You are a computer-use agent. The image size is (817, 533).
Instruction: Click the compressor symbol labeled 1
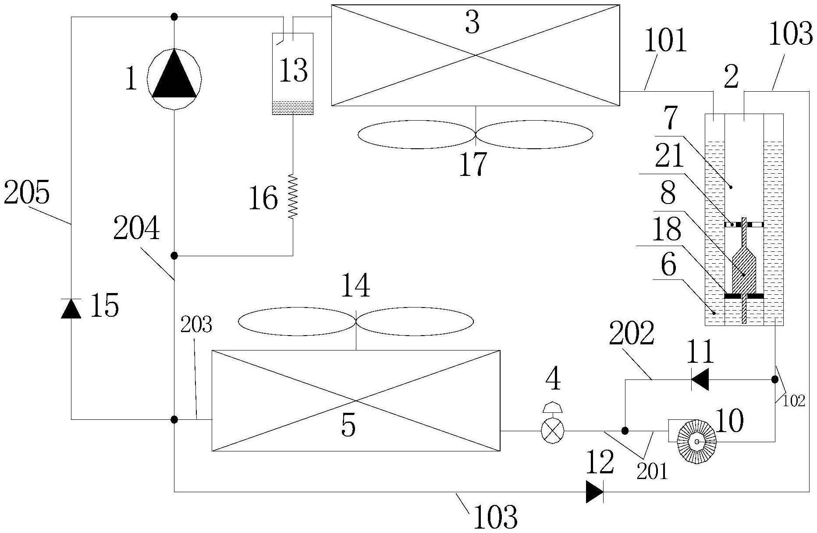pyautogui.click(x=174, y=79)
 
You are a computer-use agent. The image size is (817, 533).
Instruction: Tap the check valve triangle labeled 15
pyautogui.click(x=71, y=308)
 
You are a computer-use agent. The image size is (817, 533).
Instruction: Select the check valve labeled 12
pyautogui.click(x=595, y=492)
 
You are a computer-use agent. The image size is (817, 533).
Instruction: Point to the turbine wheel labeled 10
pyautogui.click(x=696, y=444)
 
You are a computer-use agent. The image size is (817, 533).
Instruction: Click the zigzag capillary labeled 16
pyautogui.click(x=292, y=196)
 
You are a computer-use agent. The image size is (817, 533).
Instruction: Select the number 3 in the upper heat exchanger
pyautogui.click(x=472, y=23)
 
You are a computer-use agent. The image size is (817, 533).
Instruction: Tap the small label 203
pyautogui.click(x=196, y=325)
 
